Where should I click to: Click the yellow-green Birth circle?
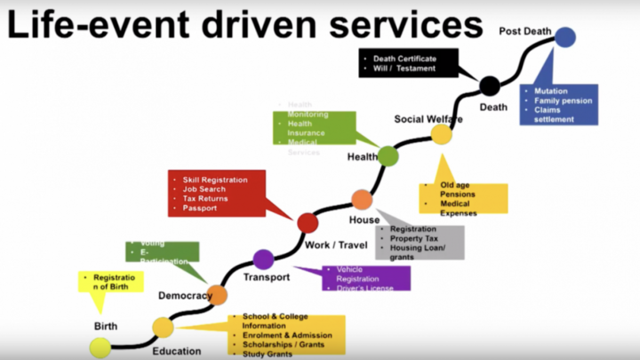100,348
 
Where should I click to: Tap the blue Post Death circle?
565,37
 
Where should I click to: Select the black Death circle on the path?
489,86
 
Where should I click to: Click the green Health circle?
388,156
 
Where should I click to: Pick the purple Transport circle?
263,259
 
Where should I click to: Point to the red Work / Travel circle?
307,222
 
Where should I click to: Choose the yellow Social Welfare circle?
441,134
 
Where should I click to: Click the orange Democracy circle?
217,294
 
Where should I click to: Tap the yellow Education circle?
163,327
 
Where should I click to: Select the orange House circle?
362,199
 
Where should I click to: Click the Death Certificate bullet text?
404,59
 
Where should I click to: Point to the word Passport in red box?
199,208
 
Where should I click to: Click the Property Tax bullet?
414,238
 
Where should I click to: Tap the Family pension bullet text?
563,100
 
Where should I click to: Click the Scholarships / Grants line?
283,345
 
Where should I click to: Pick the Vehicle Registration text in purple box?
357,274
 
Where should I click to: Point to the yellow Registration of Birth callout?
110,282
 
